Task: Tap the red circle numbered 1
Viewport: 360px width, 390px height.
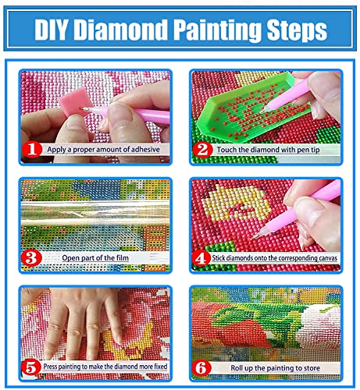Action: [31, 148]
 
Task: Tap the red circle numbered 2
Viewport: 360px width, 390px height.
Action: [202, 148]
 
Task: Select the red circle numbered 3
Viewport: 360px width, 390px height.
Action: [31, 257]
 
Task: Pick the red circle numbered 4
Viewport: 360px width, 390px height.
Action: [202, 257]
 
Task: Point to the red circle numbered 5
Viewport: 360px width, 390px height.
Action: [31, 364]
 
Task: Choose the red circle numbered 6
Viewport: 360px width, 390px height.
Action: [202, 364]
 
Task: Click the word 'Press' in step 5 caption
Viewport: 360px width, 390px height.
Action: [52, 365]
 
